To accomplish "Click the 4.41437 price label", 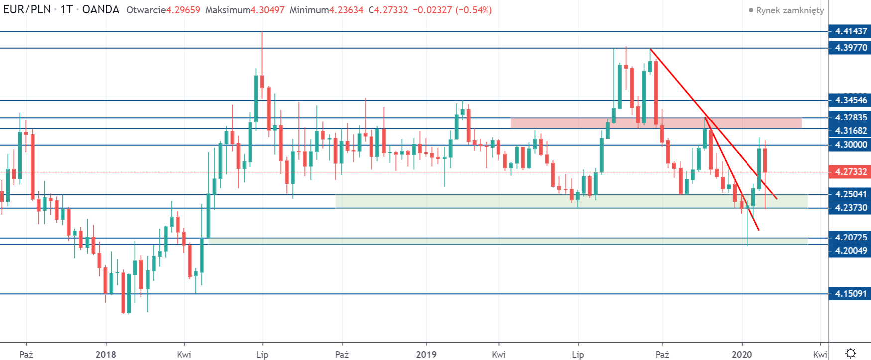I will pyautogui.click(x=851, y=31).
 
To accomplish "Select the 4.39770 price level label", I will pyautogui.click(x=851, y=48).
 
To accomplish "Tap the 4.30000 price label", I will pyautogui.click(x=851, y=145).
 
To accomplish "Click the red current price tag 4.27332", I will pyautogui.click(x=851, y=172).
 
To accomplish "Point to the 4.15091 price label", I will pyautogui.click(x=851, y=294).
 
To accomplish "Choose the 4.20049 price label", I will pyautogui.click(x=851, y=251).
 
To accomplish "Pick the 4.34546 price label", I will pyautogui.click(x=851, y=100).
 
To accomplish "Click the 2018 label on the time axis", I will pyautogui.click(x=106, y=354).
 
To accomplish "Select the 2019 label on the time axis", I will pyautogui.click(x=426, y=354).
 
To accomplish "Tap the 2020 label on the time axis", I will pyautogui.click(x=742, y=354).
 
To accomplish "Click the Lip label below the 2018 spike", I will pyautogui.click(x=262, y=354).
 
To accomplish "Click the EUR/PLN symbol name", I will pyautogui.click(x=27, y=10).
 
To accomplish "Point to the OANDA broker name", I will pyautogui.click(x=101, y=10).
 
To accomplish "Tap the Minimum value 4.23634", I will pyautogui.click(x=346, y=10).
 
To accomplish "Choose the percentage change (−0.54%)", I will pyautogui.click(x=473, y=10).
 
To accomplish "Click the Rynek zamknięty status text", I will pyautogui.click(x=790, y=10).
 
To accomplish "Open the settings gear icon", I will pyautogui.click(x=851, y=353).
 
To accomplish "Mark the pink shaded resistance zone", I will pyautogui.click(x=656, y=122).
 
